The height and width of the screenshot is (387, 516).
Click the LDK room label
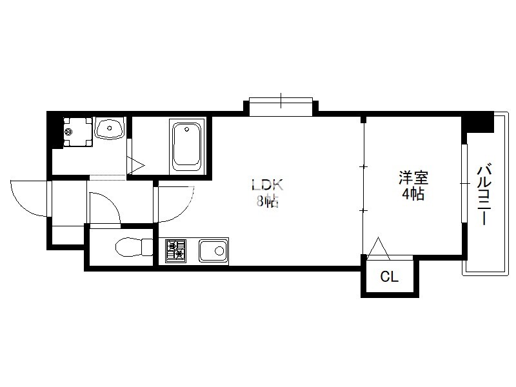click(267, 185)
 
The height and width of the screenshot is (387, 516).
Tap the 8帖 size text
click(267, 201)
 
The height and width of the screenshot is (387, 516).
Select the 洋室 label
click(413, 178)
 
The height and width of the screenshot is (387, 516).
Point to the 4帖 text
click(413, 194)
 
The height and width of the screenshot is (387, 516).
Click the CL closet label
click(390, 277)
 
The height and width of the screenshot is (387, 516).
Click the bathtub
click(187, 146)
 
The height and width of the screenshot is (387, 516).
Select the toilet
click(134, 247)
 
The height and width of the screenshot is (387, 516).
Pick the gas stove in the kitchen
click(175, 251)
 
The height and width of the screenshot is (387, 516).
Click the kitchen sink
click(213, 251)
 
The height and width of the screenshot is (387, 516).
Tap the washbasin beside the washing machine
click(109, 128)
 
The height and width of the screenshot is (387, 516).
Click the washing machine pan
click(78, 132)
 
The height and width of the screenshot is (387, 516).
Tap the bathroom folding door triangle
click(135, 165)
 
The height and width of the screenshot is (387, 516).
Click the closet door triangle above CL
click(379, 248)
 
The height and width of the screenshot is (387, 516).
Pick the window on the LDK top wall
click(281, 106)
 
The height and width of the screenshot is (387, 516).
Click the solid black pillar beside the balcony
click(477, 122)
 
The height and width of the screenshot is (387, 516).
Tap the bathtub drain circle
click(187, 129)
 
